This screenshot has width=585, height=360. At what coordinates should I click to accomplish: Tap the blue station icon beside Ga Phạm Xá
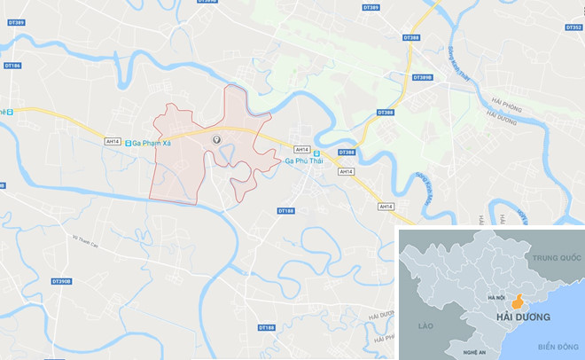pyautogui.click(x=129, y=143)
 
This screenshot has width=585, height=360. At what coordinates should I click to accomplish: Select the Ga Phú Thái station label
pyautogui.click(x=304, y=161)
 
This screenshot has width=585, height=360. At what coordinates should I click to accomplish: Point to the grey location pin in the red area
pyautogui.click(x=215, y=140)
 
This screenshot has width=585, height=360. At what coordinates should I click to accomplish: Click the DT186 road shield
pyautogui.click(x=13, y=66)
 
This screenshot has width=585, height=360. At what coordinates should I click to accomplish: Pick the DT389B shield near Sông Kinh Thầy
pyautogui.click(x=422, y=78)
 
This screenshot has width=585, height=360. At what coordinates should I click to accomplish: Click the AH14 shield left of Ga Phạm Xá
pyautogui.click(x=112, y=142)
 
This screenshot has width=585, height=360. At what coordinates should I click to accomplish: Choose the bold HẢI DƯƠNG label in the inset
pyautogui.click(x=524, y=317)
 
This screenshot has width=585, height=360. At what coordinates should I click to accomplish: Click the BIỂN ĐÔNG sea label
pyautogui.click(x=557, y=346)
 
